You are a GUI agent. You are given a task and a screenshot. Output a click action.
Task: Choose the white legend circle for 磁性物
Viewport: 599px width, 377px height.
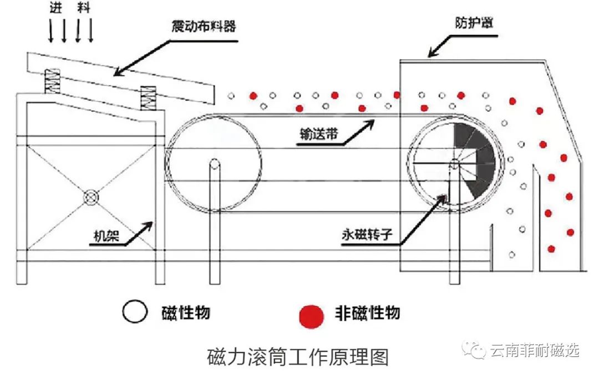click(135, 312)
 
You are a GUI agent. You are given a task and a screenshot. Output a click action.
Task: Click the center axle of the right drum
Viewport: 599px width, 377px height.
click(454, 163)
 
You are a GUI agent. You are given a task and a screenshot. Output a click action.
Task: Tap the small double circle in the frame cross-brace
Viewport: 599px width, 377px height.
click(90, 197)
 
